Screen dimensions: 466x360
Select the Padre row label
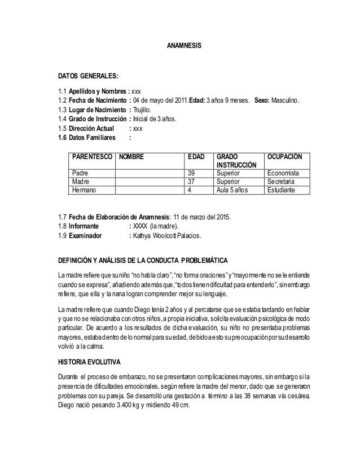pyautogui.click(x=80, y=173)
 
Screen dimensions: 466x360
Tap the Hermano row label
pyautogui.click(x=84, y=191)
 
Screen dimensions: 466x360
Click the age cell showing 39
pyautogui.click(x=192, y=173)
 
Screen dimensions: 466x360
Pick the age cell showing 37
pyautogui.click(x=192, y=182)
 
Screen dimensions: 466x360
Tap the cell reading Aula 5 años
pyautogui.click(x=232, y=191)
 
